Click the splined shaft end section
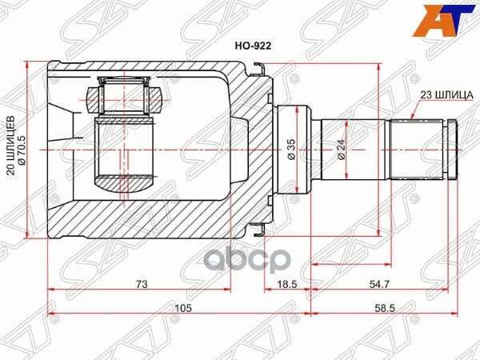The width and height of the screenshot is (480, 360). coord(416,150)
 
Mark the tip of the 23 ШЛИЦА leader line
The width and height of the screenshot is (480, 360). coord(410,118)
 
